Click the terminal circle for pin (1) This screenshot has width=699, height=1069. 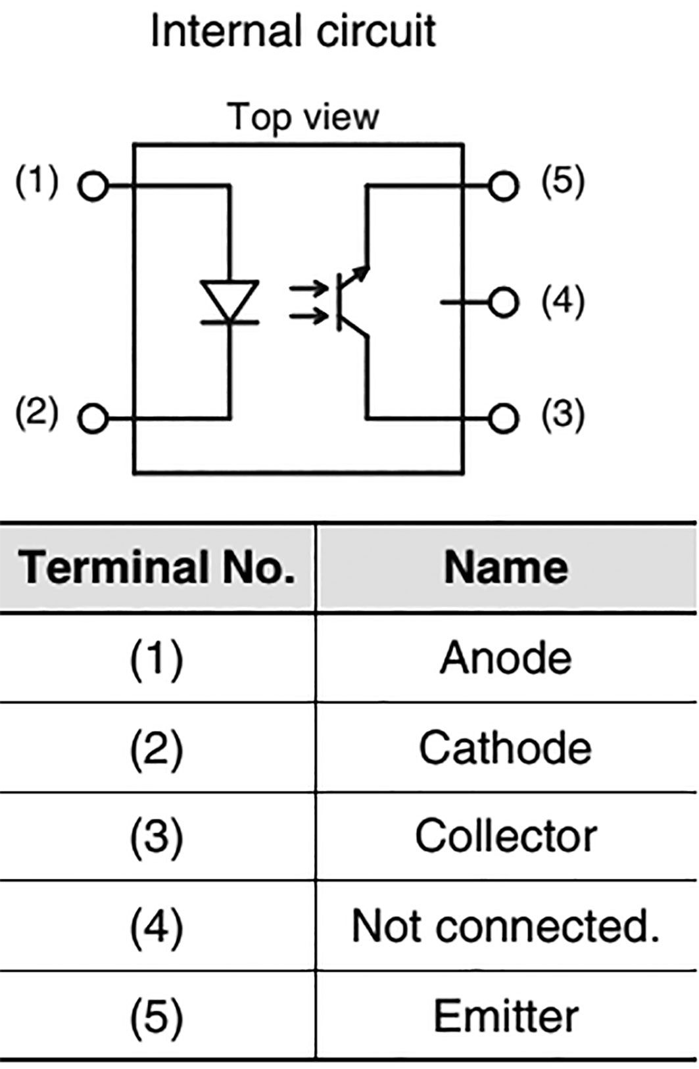point(93,187)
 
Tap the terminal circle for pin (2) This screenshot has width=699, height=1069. point(93,418)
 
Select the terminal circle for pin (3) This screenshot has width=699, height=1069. point(504,418)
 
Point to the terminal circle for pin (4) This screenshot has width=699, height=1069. point(504,302)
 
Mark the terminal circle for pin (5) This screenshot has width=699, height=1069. point(504,186)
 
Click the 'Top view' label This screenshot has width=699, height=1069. point(303,117)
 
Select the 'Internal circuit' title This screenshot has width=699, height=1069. point(293,31)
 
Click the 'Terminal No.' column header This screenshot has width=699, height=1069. point(157,567)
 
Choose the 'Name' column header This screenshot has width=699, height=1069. point(506,567)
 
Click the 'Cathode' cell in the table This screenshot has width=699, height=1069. point(506,748)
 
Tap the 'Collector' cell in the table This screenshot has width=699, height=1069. point(506,836)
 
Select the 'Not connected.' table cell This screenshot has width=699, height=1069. point(506,926)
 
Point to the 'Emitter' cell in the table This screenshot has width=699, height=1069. point(506,1016)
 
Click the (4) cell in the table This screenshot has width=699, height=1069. point(157,926)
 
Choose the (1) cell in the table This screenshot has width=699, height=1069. point(157,659)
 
